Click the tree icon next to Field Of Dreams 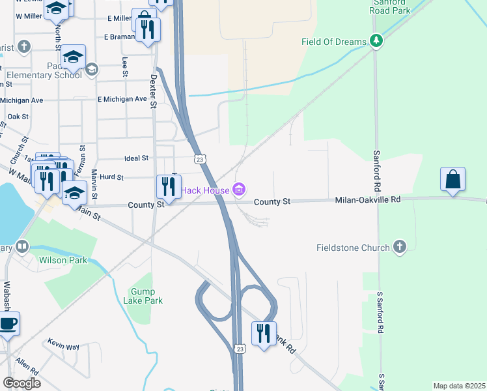point(376,42)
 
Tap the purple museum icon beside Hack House point(239,190)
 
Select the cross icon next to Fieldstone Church point(400,248)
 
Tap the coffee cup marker point(7,324)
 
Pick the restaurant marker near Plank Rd point(264,334)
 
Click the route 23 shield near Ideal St point(200,159)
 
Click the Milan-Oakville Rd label point(367,201)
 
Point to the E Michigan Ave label point(122,99)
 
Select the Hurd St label point(112,177)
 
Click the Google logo point(21,383)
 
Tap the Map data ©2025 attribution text point(459,386)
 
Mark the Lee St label point(124,66)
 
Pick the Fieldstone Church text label point(353,248)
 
